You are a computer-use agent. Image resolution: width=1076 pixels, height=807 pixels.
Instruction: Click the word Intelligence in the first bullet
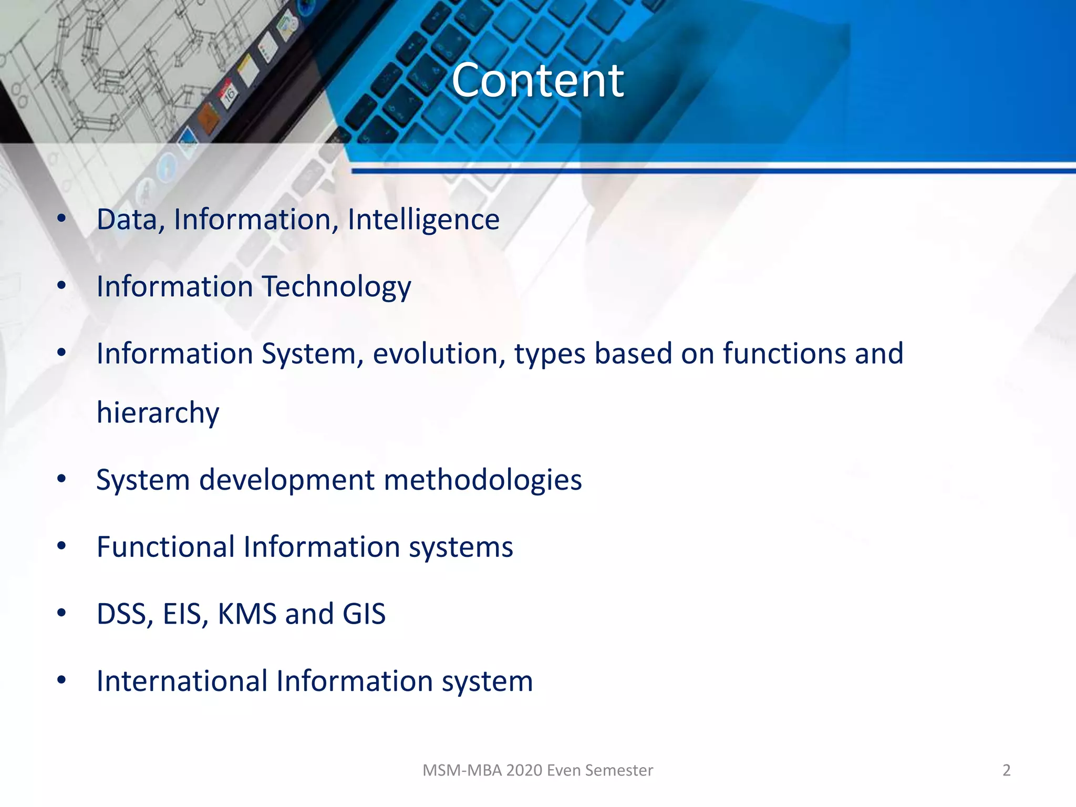423,220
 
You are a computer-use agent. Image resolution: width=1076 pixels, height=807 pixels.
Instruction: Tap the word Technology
336,287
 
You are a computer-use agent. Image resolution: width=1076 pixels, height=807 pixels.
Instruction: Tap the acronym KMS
246,614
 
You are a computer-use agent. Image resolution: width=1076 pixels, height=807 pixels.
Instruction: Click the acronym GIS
364,614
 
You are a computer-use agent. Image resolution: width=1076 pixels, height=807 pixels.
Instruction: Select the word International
182,681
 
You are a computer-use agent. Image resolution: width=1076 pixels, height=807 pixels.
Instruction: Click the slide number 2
1006,770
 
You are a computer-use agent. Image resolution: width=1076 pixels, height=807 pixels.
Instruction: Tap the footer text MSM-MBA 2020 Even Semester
537,770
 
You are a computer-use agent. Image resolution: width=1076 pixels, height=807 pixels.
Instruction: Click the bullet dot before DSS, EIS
61,613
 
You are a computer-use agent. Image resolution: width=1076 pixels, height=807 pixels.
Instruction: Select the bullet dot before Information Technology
61,286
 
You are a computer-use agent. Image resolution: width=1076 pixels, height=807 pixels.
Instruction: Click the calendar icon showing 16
229,95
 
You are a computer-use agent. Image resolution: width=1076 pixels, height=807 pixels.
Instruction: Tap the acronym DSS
125,614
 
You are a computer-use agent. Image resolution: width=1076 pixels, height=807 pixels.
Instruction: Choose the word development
287,480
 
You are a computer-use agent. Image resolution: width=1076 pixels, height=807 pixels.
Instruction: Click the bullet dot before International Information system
61,680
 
